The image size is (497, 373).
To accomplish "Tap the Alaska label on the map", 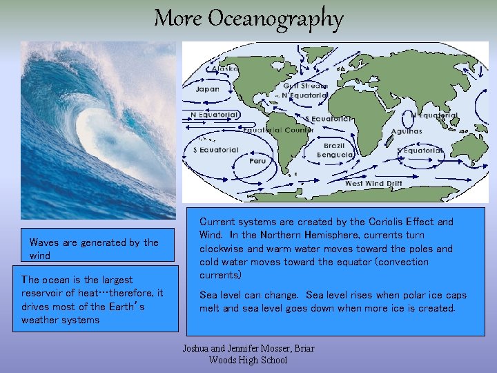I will pyautogui.click(x=226, y=68).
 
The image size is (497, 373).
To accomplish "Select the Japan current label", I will pyautogui.click(x=207, y=89).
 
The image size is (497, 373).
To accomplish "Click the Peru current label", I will pyautogui.click(x=257, y=160).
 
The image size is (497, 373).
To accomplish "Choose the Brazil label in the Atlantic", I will pyautogui.click(x=335, y=146).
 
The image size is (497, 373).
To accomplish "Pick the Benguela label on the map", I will pyautogui.click(x=334, y=155).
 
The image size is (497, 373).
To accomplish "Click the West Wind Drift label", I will pyautogui.click(x=373, y=183).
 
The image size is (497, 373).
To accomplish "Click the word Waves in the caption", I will pyautogui.click(x=44, y=242).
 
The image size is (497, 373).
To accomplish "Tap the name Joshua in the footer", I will pyautogui.click(x=197, y=348).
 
